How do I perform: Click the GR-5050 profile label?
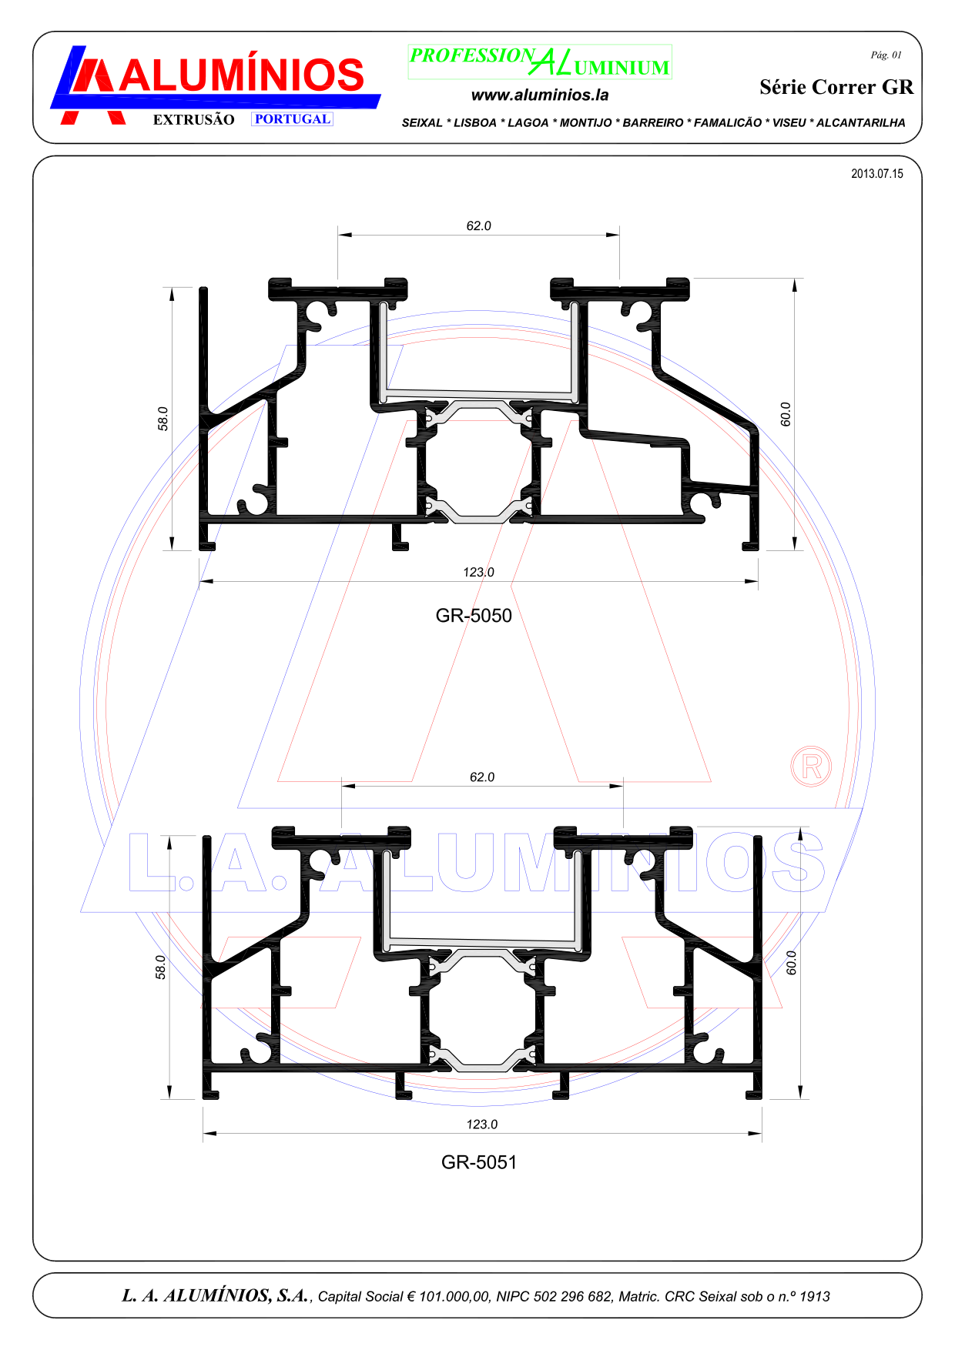474,616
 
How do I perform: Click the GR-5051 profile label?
479,1162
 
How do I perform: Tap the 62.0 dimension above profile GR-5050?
478,226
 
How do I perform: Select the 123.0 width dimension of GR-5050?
478,573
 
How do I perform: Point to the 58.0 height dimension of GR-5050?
163,419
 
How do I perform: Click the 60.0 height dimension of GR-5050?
786,414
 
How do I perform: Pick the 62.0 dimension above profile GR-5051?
482,777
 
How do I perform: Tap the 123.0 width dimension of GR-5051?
482,1124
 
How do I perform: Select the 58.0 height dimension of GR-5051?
160,967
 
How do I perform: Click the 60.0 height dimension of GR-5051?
791,963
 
